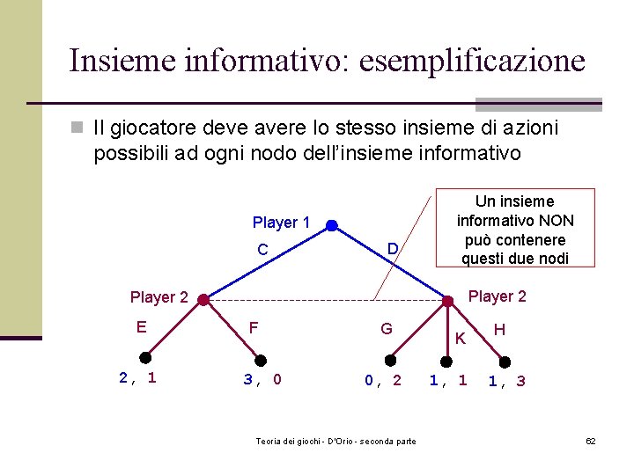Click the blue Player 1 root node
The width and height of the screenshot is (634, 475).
(331, 226)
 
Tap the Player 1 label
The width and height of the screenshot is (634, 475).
(281, 223)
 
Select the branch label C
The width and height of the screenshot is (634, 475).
(262, 250)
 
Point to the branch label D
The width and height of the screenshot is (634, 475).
(394, 251)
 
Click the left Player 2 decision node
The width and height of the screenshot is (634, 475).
(203, 300)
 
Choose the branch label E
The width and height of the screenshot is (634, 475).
(141, 327)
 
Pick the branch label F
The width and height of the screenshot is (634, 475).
(254, 328)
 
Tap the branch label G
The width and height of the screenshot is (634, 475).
(386, 329)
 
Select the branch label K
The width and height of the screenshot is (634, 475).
(460, 339)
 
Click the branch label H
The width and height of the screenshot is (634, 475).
(499, 329)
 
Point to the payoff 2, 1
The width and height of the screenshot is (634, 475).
(137, 378)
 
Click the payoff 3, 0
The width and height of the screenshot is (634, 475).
(262, 380)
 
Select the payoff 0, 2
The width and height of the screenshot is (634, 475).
(383, 380)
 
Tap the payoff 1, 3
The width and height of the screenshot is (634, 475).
(507, 381)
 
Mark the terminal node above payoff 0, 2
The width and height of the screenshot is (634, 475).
(391, 359)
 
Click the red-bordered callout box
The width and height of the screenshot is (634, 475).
(515, 228)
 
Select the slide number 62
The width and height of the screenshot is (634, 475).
(591, 440)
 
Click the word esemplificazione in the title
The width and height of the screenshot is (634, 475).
(469, 61)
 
